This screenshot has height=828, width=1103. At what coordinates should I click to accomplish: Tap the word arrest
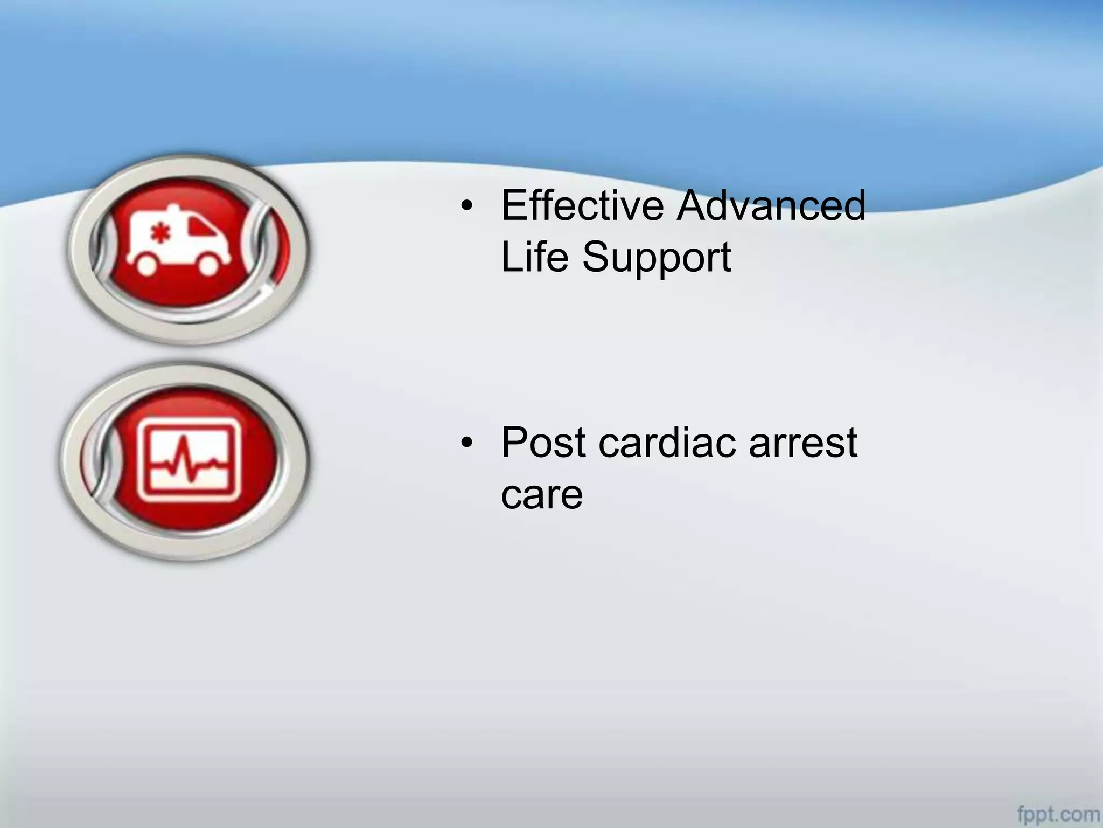click(x=802, y=443)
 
